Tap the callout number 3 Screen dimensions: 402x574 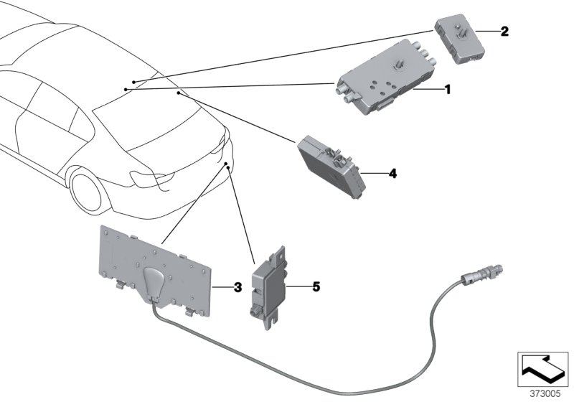click(238, 289)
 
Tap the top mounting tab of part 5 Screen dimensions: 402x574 click(280, 253)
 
